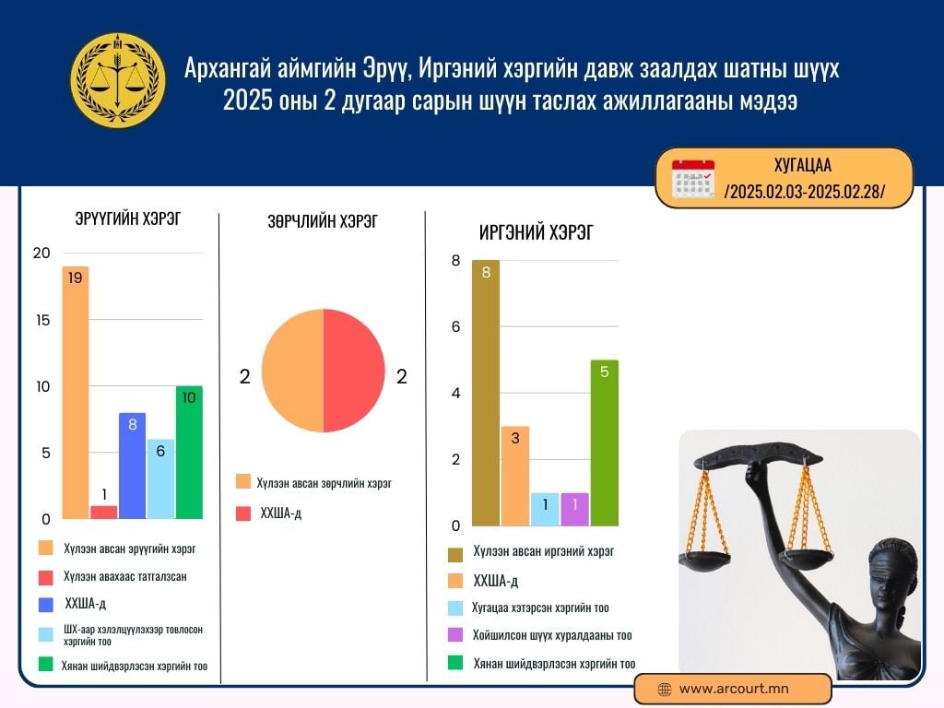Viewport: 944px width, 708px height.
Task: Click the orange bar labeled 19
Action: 76,393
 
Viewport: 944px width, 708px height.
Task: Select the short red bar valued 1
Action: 103,513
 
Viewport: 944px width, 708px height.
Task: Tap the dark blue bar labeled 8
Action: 133,466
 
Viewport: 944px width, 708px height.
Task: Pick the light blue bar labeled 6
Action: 160,479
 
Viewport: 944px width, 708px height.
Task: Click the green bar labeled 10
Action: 189,453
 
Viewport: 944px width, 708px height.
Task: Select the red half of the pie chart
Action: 354,371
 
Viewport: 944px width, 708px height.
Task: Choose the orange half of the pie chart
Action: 292,371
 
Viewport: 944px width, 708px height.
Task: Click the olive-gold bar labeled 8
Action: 486,393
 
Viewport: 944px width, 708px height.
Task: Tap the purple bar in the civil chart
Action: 575,509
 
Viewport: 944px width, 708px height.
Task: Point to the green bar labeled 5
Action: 605,443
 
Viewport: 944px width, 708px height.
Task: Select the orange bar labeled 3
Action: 515,477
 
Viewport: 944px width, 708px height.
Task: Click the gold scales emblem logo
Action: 118,80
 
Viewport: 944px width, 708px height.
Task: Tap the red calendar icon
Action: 693,179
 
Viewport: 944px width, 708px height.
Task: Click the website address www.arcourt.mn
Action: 734,689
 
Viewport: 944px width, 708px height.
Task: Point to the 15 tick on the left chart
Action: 42,320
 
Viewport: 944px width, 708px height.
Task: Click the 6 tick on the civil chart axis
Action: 455,327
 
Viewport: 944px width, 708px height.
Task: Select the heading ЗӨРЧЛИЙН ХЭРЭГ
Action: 323,221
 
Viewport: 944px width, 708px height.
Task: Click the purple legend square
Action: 455,634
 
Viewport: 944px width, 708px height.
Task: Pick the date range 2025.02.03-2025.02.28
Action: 804,192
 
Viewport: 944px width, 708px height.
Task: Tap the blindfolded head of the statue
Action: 892,568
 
